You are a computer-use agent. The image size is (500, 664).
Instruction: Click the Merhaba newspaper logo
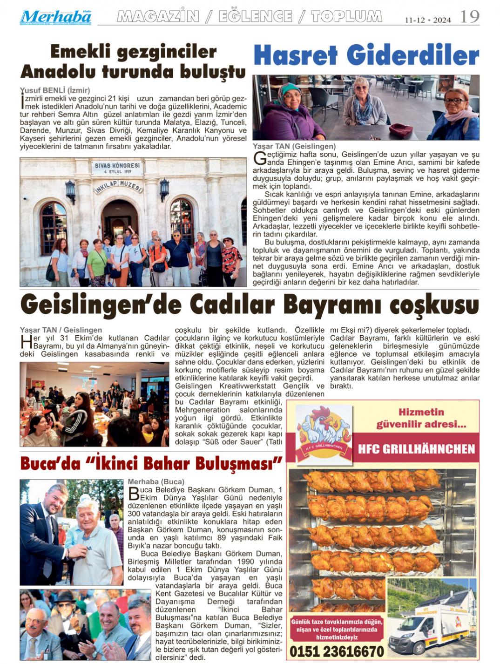point(55,17)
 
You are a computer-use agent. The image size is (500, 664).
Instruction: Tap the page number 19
point(469,17)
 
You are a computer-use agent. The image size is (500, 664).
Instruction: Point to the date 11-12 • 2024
point(427,20)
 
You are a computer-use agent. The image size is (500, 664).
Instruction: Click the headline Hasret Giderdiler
point(366,56)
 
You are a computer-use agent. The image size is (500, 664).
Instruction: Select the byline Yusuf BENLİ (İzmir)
point(55,90)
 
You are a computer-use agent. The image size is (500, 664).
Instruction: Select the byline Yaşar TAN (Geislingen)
point(294,147)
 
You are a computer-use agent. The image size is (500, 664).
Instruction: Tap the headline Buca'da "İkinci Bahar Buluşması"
point(152,464)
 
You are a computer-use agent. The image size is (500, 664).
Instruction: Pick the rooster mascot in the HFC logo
point(324,426)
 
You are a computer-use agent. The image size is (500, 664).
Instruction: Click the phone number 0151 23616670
point(337,651)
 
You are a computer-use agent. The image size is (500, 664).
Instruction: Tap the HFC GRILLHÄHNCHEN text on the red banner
point(416,449)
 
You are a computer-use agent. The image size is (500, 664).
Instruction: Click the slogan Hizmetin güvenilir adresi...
point(420,418)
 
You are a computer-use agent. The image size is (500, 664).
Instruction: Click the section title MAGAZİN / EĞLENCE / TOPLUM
point(250,17)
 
